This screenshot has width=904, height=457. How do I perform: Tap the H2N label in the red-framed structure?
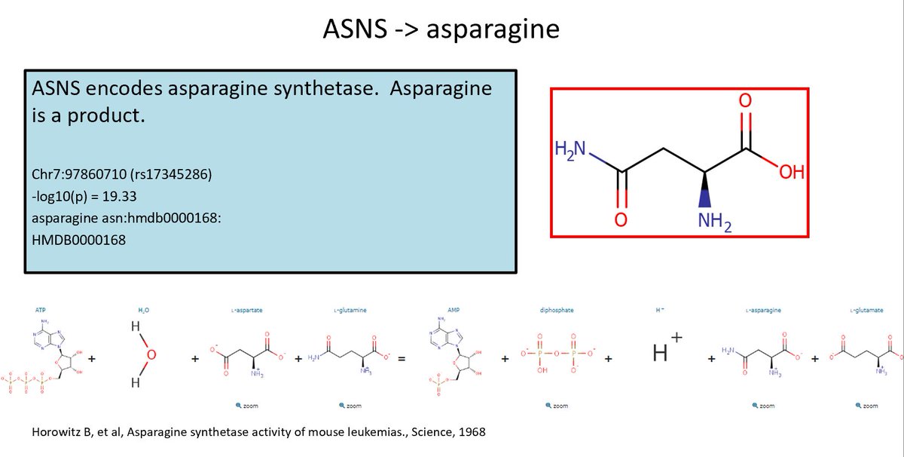(571, 147)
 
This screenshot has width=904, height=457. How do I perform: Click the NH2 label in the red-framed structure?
(713, 222)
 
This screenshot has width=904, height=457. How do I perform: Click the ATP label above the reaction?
(40, 310)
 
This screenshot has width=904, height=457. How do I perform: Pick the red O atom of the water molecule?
(151, 354)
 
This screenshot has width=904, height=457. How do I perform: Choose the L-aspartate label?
(247, 310)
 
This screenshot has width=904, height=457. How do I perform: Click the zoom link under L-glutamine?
(353, 406)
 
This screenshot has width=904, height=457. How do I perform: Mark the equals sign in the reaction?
(402, 360)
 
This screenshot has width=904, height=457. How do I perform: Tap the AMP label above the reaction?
(453, 310)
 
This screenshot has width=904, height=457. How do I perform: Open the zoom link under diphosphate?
(557, 406)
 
